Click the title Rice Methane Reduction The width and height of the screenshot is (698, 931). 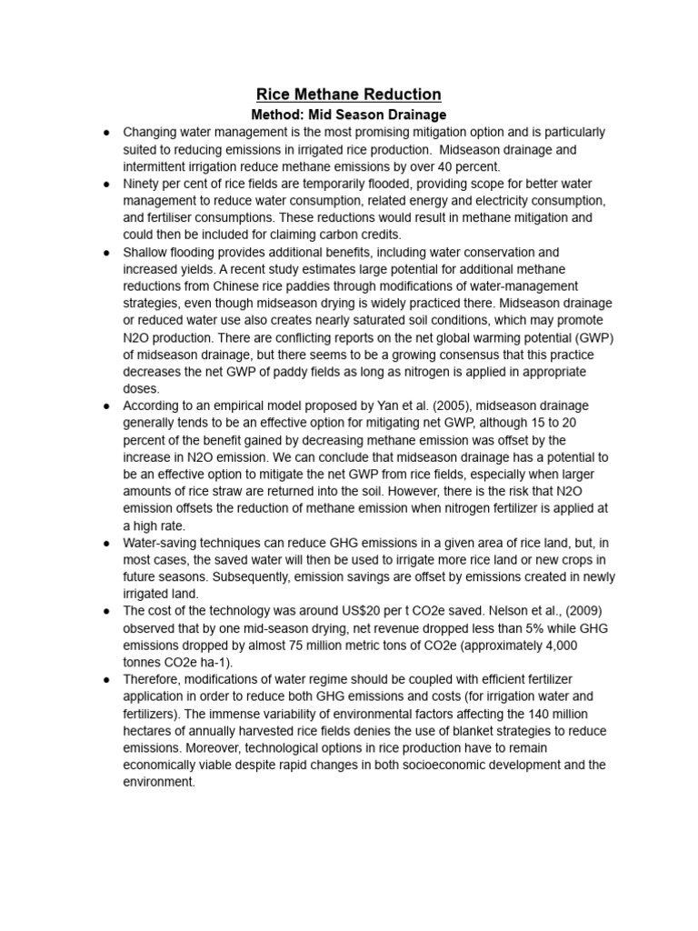click(x=349, y=94)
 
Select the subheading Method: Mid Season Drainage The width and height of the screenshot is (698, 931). click(x=348, y=115)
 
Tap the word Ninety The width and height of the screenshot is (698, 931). click(x=144, y=184)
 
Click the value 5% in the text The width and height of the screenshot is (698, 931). click(x=509, y=628)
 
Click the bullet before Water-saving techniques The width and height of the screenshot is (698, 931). click(x=107, y=543)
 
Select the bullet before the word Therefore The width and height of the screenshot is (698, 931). click(x=107, y=679)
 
